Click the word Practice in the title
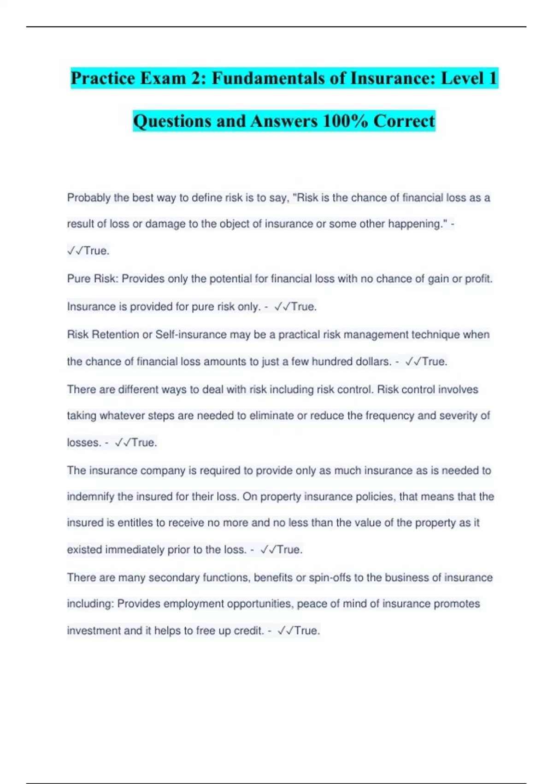[103, 78]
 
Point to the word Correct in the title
[404, 121]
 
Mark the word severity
[459, 416]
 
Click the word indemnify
[90, 497]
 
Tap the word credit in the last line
[248, 630]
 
